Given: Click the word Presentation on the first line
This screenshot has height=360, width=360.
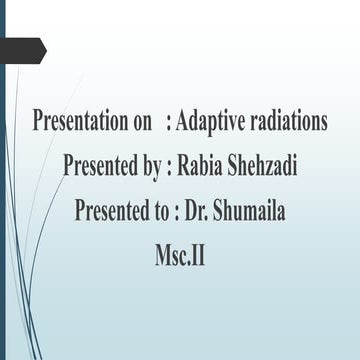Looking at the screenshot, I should click(81, 122).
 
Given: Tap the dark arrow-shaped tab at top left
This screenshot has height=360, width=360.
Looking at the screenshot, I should click(22, 47).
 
